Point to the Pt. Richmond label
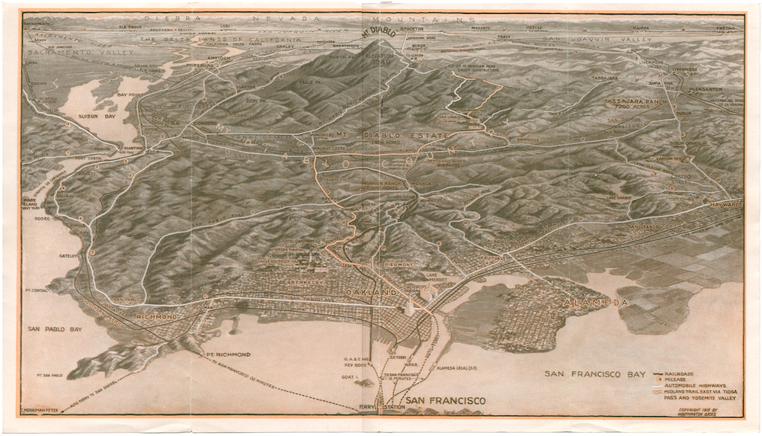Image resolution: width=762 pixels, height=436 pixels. coord(227,355)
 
